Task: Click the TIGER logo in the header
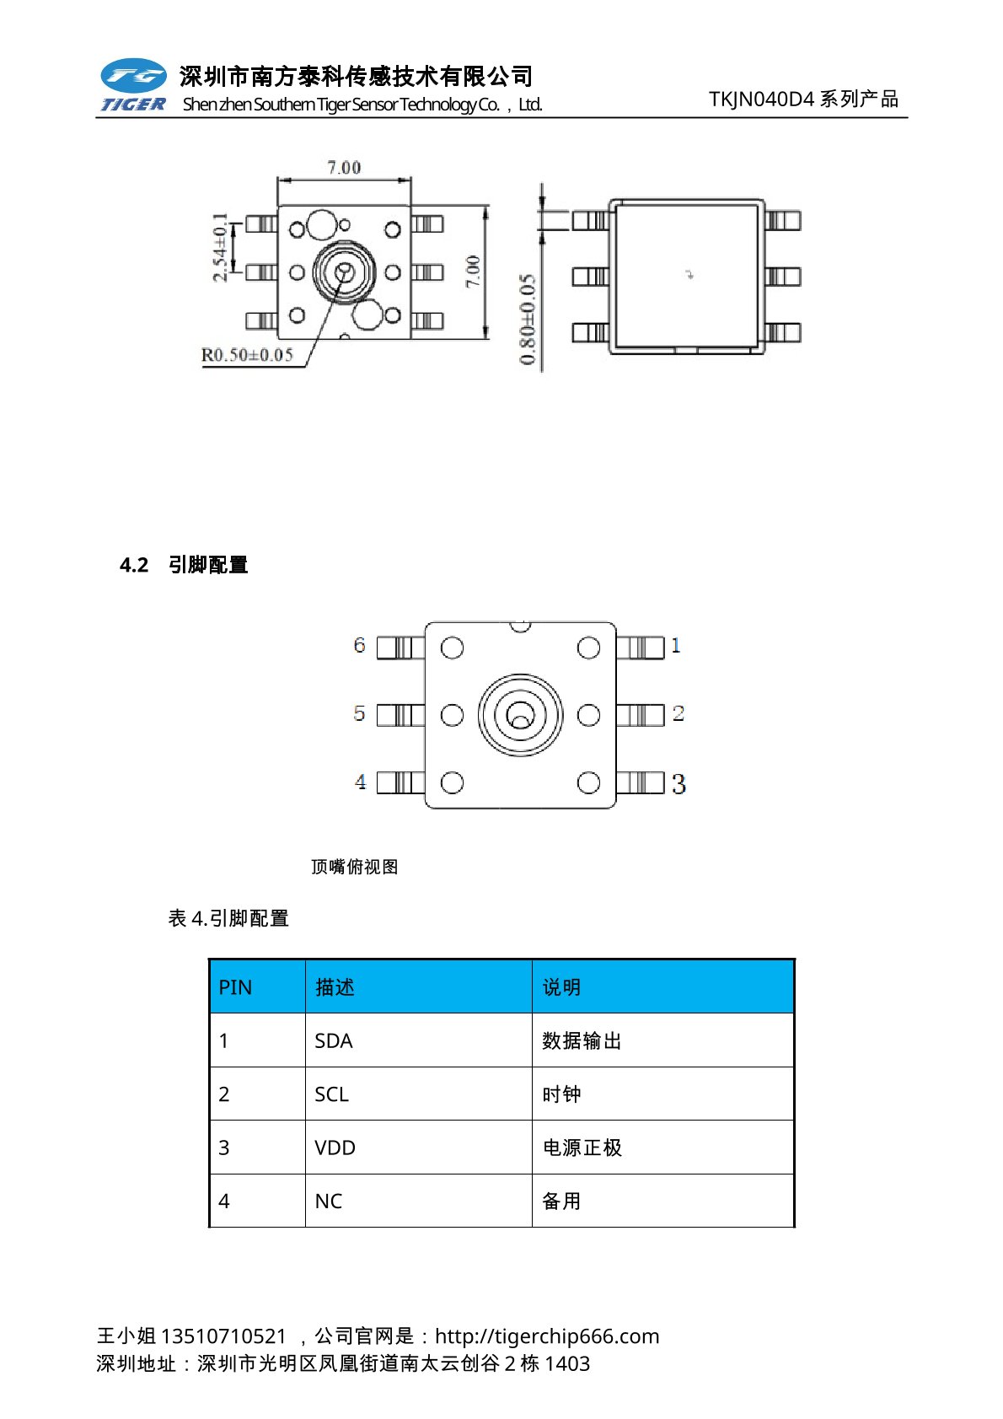click(x=133, y=85)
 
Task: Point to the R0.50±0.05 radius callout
click(x=247, y=355)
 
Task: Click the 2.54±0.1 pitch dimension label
click(x=220, y=247)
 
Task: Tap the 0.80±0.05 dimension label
click(x=528, y=319)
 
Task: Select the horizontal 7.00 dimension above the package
click(x=344, y=168)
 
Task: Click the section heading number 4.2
click(x=134, y=565)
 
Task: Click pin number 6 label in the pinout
click(x=360, y=646)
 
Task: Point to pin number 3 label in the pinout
click(x=678, y=784)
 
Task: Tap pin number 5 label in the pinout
click(x=360, y=714)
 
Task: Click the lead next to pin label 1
click(x=641, y=648)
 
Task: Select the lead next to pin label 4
click(x=400, y=782)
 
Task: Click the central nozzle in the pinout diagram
click(x=520, y=715)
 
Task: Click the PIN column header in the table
click(x=235, y=987)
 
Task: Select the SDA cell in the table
click(x=334, y=1041)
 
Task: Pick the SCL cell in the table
click(x=331, y=1094)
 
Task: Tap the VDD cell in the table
click(x=335, y=1148)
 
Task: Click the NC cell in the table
click(x=329, y=1201)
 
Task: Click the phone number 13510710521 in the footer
click(x=223, y=1336)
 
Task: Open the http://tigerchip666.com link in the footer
click(x=547, y=1336)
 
